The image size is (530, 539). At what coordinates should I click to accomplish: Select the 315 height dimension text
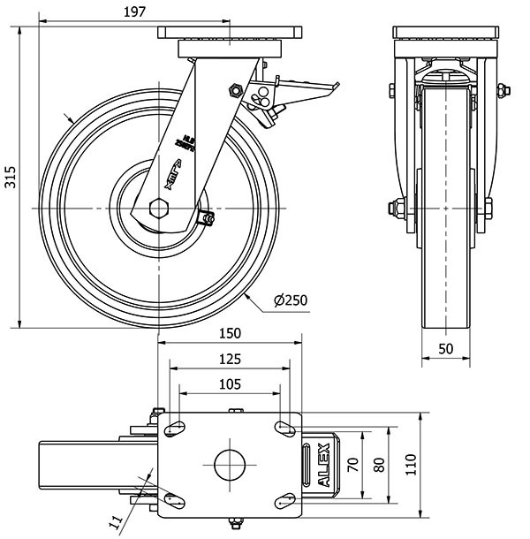point(9,177)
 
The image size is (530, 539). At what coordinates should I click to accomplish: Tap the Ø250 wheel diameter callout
point(291,301)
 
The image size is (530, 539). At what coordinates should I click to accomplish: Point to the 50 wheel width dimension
point(445,349)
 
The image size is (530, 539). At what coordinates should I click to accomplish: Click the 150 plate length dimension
point(230,334)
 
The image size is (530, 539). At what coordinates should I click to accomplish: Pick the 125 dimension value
point(230,359)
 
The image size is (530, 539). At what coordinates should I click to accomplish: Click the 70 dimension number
point(352,464)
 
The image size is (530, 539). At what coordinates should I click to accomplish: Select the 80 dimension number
point(379,464)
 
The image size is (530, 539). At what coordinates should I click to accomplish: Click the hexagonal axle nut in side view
point(159,209)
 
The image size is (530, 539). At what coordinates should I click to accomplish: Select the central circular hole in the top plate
point(230,464)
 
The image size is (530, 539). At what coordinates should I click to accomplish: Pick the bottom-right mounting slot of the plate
point(285,500)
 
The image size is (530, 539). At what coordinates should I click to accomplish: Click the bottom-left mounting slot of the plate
point(174,500)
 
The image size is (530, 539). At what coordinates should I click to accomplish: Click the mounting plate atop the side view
point(230,34)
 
